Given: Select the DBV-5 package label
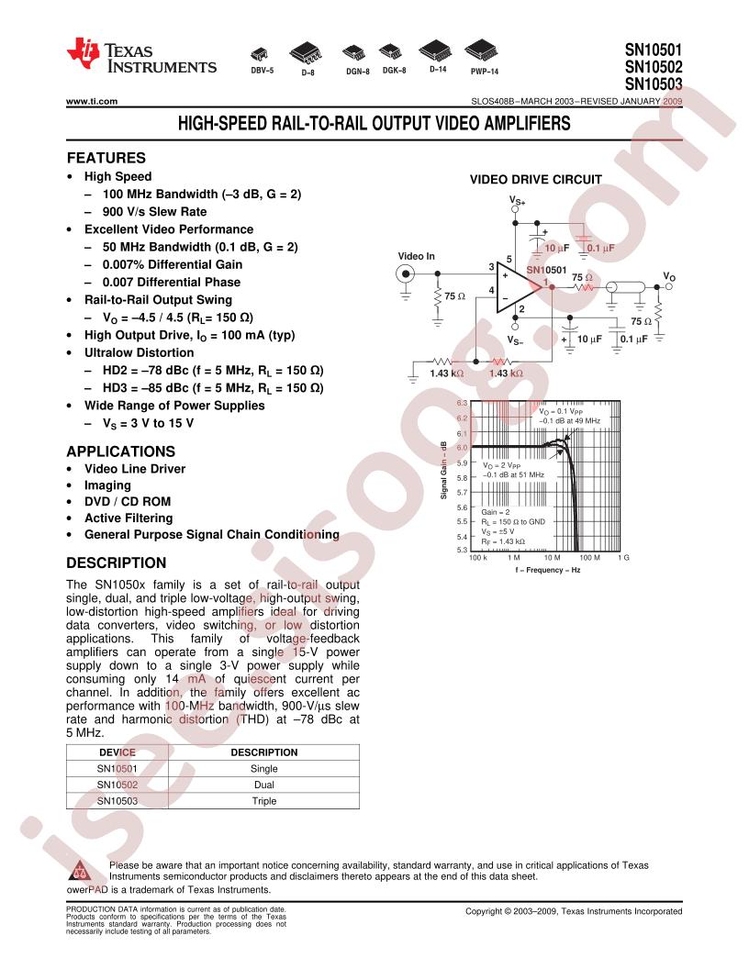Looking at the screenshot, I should (x=262, y=70).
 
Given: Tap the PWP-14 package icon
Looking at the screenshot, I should (x=483, y=50).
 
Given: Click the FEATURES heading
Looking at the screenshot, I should (x=106, y=157).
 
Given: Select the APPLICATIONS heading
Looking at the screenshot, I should (x=121, y=451).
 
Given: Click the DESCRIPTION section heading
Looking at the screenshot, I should (x=117, y=562).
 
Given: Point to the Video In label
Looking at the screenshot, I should (x=416, y=255).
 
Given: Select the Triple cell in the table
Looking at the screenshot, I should (x=264, y=801).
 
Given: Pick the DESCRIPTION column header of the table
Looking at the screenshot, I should (x=264, y=752).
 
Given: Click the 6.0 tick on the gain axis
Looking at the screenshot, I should (x=462, y=448).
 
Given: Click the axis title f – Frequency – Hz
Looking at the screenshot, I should (x=548, y=570).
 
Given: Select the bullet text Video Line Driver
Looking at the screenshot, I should (x=135, y=469).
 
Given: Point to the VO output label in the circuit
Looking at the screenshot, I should (x=669, y=275).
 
